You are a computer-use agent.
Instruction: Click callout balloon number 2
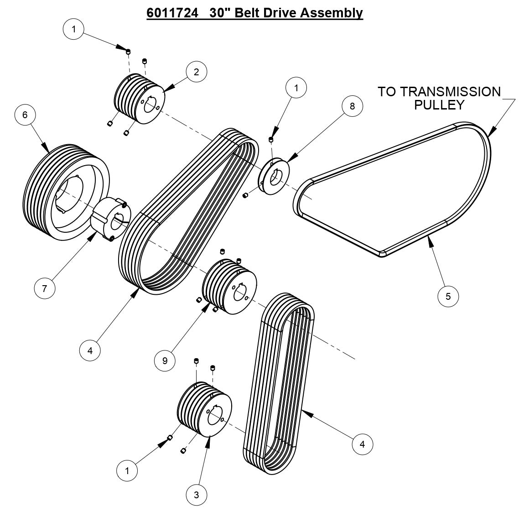(x=196, y=72)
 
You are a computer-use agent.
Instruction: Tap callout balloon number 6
(x=25, y=115)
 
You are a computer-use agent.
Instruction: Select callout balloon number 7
(x=45, y=288)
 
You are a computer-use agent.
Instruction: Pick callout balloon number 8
(x=352, y=106)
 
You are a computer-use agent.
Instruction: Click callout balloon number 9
(x=165, y=361)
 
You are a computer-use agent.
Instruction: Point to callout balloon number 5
(x=448, y=296)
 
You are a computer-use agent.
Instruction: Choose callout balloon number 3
(x=197, y=495)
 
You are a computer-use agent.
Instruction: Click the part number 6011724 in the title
(x=172, y=12)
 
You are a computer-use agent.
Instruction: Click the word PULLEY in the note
(x=439, y=105)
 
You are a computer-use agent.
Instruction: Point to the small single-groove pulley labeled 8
(x=275, y=177)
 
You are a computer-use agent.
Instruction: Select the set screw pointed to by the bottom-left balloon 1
(x=170, y=438)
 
